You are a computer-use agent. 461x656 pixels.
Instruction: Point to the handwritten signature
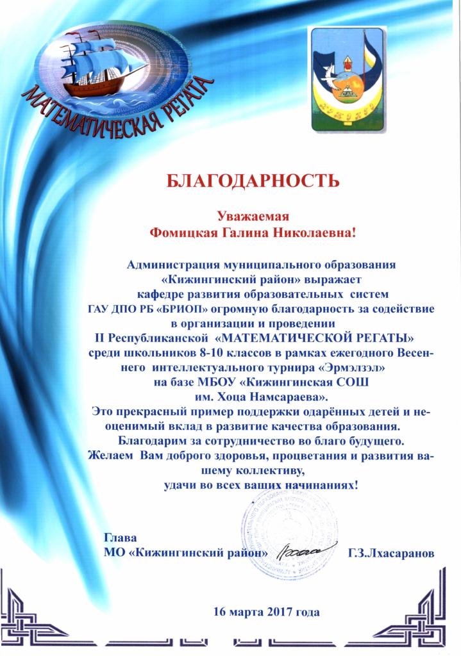coord(299,550)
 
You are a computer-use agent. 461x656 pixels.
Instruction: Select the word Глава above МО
coord(121,537)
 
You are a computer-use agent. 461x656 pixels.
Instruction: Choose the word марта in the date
coord(248,611)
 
